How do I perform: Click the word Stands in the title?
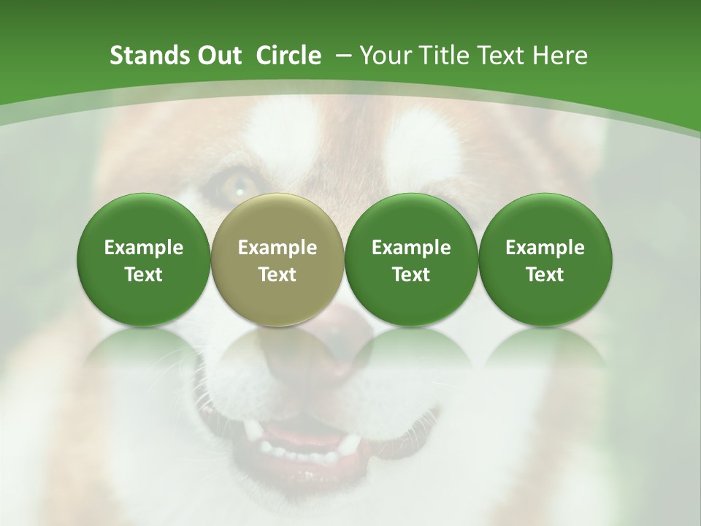pyautogui.click(x=149, y=56)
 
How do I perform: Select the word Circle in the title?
pyautogui.click(x=288, y=56)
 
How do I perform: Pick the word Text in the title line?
pyautogui.click(x=502, y=56)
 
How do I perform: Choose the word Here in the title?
pyautogui.click(x=560, y=56)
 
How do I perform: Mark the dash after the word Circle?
pyautogui.click(x=340, y=56)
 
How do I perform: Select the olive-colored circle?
pyautogui.click(x=277, y=259)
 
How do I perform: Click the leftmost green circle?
pyautogui.click(x=144, y=259)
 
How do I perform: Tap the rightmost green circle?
pyautogui.click(x=545, y=259)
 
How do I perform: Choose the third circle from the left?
pyautogui.click(x=411, y=259)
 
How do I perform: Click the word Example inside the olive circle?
pyautogui.click(x=277, y=248)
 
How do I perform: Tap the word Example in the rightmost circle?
pyautogui.click(x=545, y=248)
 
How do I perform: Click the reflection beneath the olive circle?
pyautogui.click(x=277, y=358)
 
